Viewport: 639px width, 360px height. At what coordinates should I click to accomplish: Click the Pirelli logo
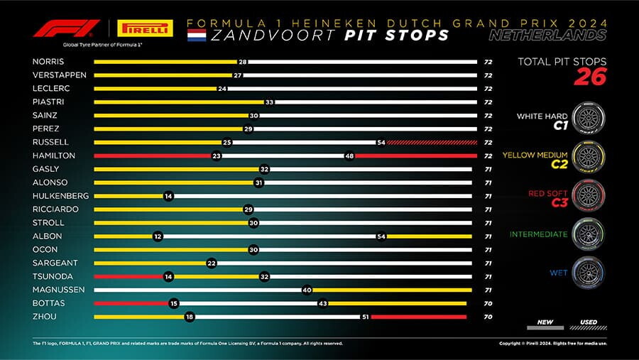[145, 28]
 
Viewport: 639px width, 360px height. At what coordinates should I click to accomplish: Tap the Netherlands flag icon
[197, 35]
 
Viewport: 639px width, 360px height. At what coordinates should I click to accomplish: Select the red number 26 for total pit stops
[591, 77]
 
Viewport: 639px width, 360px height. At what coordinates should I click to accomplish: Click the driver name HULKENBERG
[61, 196]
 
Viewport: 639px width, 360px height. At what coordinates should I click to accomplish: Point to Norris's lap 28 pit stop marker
[243, 62]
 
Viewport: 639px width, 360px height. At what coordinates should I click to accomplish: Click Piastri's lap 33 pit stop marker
[269, 102]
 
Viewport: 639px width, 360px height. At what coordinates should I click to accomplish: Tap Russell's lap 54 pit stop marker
[381, 142]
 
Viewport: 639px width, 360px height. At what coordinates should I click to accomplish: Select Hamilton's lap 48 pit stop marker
[349, 156]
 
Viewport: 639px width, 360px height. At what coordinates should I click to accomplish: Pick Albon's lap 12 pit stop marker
[158, 236]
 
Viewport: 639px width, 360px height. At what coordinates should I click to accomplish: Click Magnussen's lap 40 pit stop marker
[307, 290]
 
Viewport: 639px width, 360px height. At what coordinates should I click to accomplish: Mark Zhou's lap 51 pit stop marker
[366, 317]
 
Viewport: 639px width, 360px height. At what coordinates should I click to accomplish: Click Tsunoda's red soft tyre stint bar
[129, 276]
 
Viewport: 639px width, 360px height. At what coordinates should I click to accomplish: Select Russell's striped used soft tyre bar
[432, 142]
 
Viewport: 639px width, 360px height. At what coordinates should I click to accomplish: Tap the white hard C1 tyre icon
[589, 119]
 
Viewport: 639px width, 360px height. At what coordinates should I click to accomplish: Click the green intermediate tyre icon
[589, 234]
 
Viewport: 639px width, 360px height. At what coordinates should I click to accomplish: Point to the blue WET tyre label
[558, 273]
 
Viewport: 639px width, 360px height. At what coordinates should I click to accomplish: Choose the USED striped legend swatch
[588, 327]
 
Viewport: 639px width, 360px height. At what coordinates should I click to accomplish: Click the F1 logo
[67, 28]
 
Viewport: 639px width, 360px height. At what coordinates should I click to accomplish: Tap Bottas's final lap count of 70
[488, 303]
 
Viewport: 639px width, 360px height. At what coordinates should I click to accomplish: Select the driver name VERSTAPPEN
[60, 75]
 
